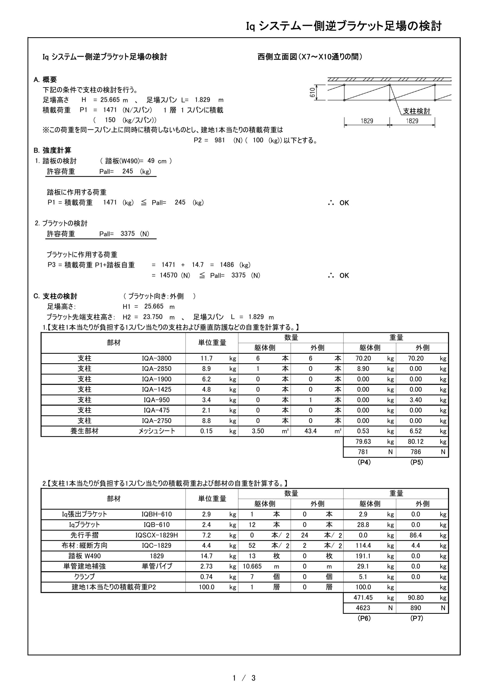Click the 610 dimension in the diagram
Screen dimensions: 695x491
tap(312, 92)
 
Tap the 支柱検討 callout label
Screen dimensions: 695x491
tap(416, 111)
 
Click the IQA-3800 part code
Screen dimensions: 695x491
tap(157, 358)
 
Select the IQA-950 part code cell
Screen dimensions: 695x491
tap(157, 400)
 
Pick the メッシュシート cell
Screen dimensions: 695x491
tap(157, 431)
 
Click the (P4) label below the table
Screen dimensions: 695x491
tap(364, 462)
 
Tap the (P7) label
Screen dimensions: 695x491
tap(417, 618)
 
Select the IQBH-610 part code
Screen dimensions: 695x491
tap(157, 514)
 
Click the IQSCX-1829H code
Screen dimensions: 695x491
tap(157, 535)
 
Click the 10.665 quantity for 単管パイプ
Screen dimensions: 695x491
tap(252, 566)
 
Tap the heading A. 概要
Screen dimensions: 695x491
tap(45, 80)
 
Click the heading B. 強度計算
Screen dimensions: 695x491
tap(52, 150)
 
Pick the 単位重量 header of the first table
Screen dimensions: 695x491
tap(212, 343)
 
